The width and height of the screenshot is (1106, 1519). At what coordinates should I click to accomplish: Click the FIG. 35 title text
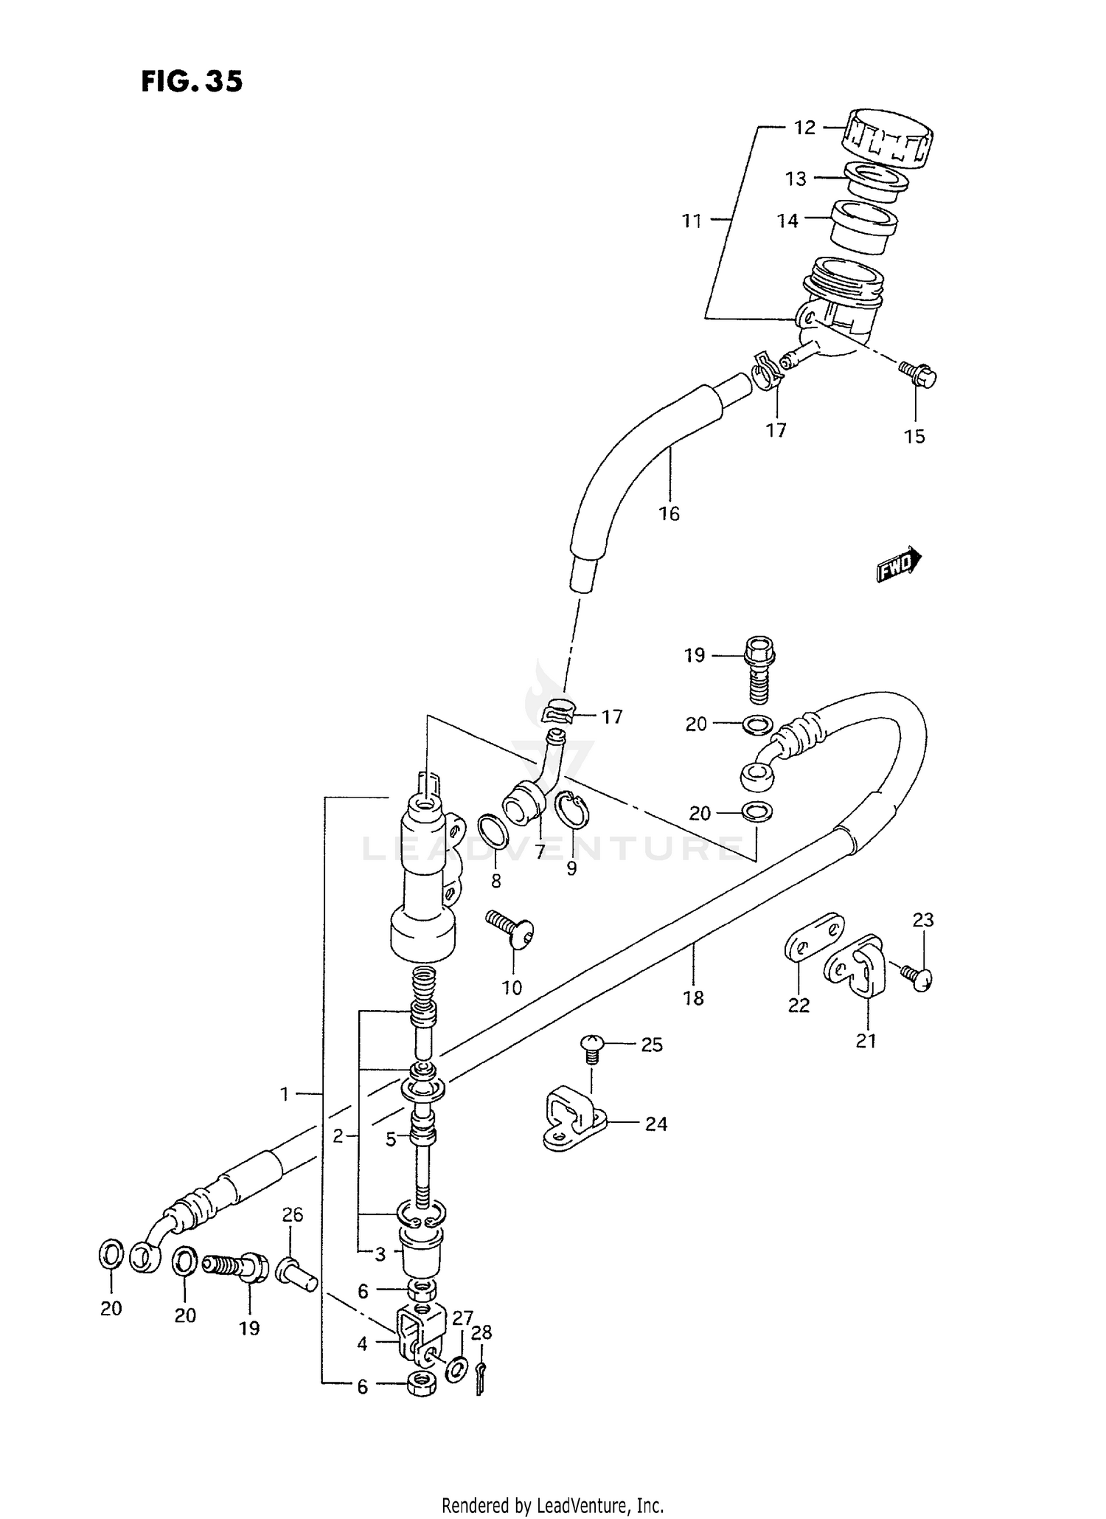pyautogui.click(x=192, y=82)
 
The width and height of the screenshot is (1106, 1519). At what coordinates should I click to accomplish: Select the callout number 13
pyautogui.click(x=796, y=179)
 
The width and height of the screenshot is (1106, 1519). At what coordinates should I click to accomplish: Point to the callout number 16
pyautogui.click(x=669, y=513)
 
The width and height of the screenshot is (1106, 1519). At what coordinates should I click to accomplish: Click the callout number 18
pyautogui.click(x=694, y=998)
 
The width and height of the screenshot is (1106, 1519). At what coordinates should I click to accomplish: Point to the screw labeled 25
pyautogui.click(x=593, y=1048)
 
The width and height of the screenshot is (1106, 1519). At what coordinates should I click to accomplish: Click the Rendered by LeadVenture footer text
pyautogui.click(x=552, y=1504)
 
